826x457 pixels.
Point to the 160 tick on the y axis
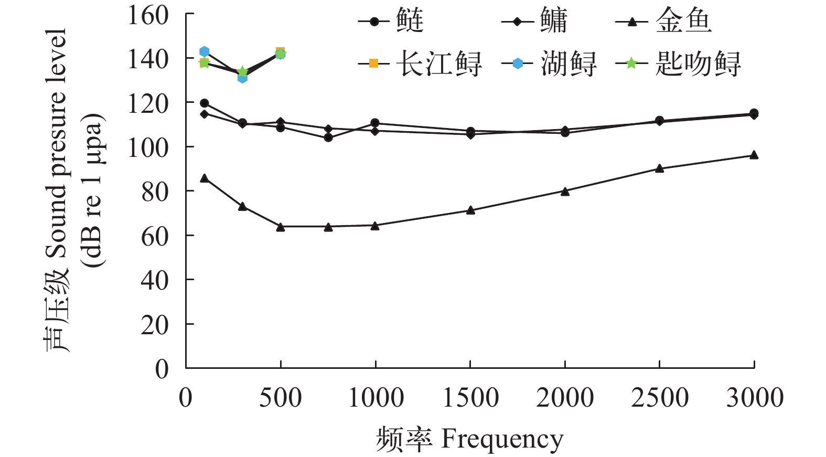(148, 15)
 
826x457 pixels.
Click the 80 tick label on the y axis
(155, 192)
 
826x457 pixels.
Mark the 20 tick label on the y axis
(155, 325)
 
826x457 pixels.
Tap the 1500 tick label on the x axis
(470, 398)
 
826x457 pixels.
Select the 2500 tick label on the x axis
(660, 398)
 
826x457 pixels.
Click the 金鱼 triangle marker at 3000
(754, 155)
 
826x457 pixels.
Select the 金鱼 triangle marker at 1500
(470, 210)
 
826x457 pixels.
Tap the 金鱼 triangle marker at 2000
(565, 191)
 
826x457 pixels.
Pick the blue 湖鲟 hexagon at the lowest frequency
(205, 51)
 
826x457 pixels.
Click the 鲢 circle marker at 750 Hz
(328, 137)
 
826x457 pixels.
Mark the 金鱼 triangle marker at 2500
(660, 168)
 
